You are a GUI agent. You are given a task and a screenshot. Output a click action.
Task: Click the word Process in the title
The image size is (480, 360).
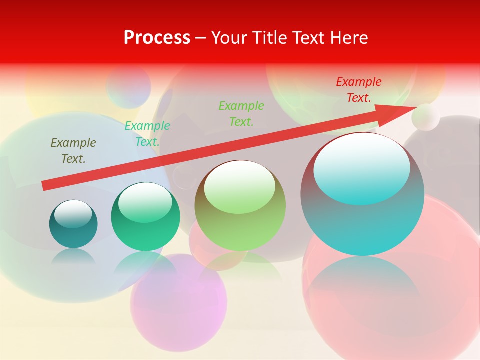click(x=157, y=38)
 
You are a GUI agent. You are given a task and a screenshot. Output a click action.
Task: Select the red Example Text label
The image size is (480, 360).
click(x=358, y=90)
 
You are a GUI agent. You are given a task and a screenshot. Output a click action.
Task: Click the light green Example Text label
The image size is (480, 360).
click(x=241, y=113)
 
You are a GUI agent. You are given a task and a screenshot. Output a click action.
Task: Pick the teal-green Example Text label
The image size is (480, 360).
click(x=147, y=134)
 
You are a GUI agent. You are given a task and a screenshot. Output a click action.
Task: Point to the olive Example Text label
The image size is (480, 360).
click(x=73, y=150)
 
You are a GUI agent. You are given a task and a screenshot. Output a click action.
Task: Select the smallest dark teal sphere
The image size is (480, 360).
click(x=73, y=230)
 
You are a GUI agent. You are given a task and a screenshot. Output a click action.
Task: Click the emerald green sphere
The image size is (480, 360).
click(x=145, y=230)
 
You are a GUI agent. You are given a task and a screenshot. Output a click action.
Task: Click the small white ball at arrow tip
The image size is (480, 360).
click(x=426, y=117)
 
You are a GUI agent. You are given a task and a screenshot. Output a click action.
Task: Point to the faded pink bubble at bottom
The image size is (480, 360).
click(x=178, y=302)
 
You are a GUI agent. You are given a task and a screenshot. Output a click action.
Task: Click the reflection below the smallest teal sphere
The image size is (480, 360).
click(x=73, y=257)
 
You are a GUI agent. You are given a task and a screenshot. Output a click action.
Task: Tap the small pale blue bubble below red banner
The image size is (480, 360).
click(x=128, y=86)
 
